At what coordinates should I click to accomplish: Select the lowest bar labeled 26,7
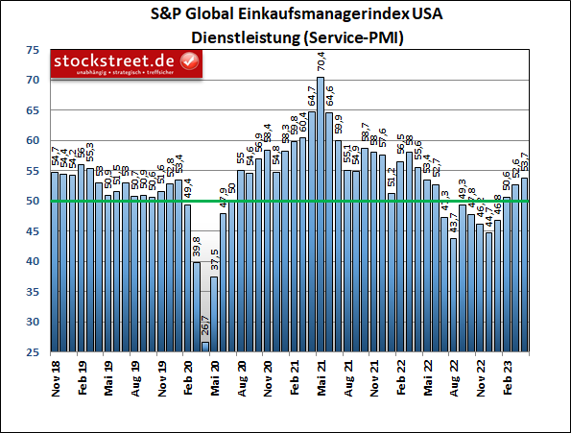click(x=205, y=347)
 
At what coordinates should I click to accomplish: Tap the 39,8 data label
click(x=196, y=247)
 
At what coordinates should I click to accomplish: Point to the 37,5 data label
click(x=214, y=260)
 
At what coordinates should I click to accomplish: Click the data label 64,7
click(x=311, y=96)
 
